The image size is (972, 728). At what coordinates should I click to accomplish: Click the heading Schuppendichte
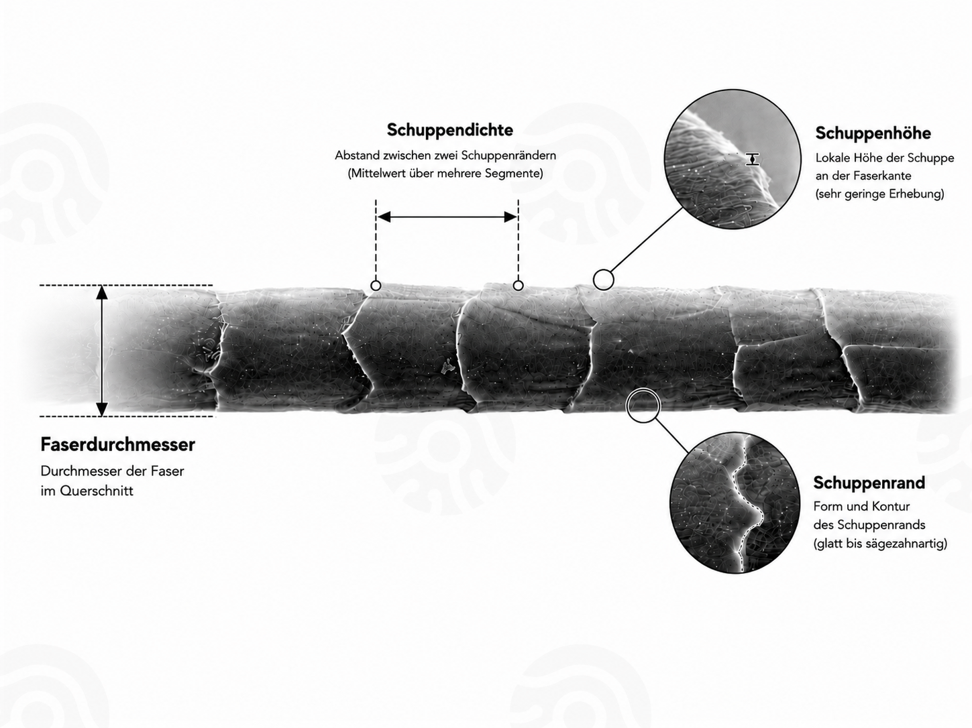coord(449,130)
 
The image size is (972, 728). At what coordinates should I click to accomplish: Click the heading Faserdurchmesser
coord(118,444)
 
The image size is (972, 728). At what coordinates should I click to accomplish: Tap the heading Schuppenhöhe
coord(873,133)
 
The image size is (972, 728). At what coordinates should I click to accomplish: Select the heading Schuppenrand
coord(869,483)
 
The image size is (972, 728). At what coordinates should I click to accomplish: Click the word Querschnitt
coord(97,491)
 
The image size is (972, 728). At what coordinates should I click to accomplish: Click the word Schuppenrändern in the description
coord(508,156)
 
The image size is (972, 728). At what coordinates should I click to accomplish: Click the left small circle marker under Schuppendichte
coord(376,286)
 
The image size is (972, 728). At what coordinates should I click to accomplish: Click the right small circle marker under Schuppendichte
coord(518,286)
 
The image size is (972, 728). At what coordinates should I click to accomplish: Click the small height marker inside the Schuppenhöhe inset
coord(752,160)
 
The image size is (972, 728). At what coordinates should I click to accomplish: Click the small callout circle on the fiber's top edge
coord(604,280)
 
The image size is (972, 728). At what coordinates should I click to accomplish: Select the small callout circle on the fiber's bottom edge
coord(643,406)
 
